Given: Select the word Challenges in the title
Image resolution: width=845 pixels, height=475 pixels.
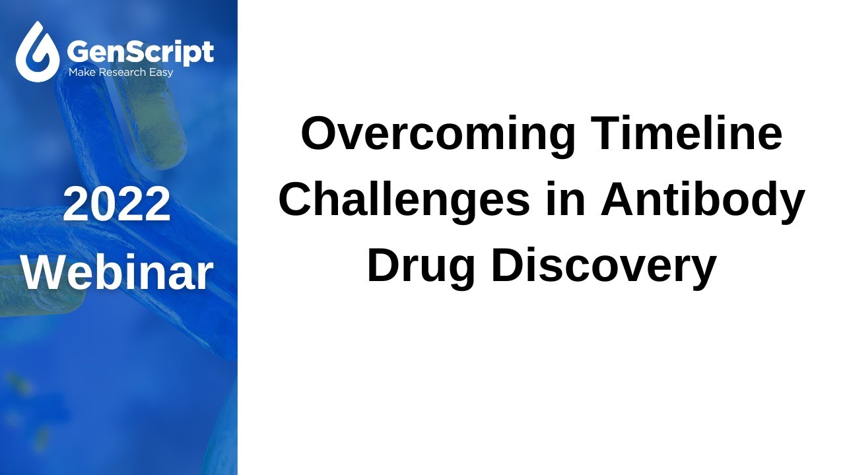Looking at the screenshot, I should (404, 200).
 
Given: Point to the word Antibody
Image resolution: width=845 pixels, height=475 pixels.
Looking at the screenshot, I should (702, 200).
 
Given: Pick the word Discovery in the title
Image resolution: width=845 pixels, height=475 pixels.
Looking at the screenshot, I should (603, 266).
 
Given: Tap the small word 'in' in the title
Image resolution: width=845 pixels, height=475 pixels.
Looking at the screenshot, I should (566, 200).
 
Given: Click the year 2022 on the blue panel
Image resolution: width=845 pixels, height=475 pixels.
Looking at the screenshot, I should (118, 205).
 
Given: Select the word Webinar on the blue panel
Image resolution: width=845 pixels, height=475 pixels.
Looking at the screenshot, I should (118, 272).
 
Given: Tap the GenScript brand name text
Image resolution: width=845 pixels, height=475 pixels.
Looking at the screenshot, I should (141, 51).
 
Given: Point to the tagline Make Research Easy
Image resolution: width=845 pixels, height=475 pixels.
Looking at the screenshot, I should (121, 72).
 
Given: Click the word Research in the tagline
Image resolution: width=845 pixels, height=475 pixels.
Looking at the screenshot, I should (122, 72).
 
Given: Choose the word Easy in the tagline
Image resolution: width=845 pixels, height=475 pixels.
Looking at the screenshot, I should (161, 72).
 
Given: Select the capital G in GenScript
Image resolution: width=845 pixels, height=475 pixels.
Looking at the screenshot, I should (79, 51).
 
